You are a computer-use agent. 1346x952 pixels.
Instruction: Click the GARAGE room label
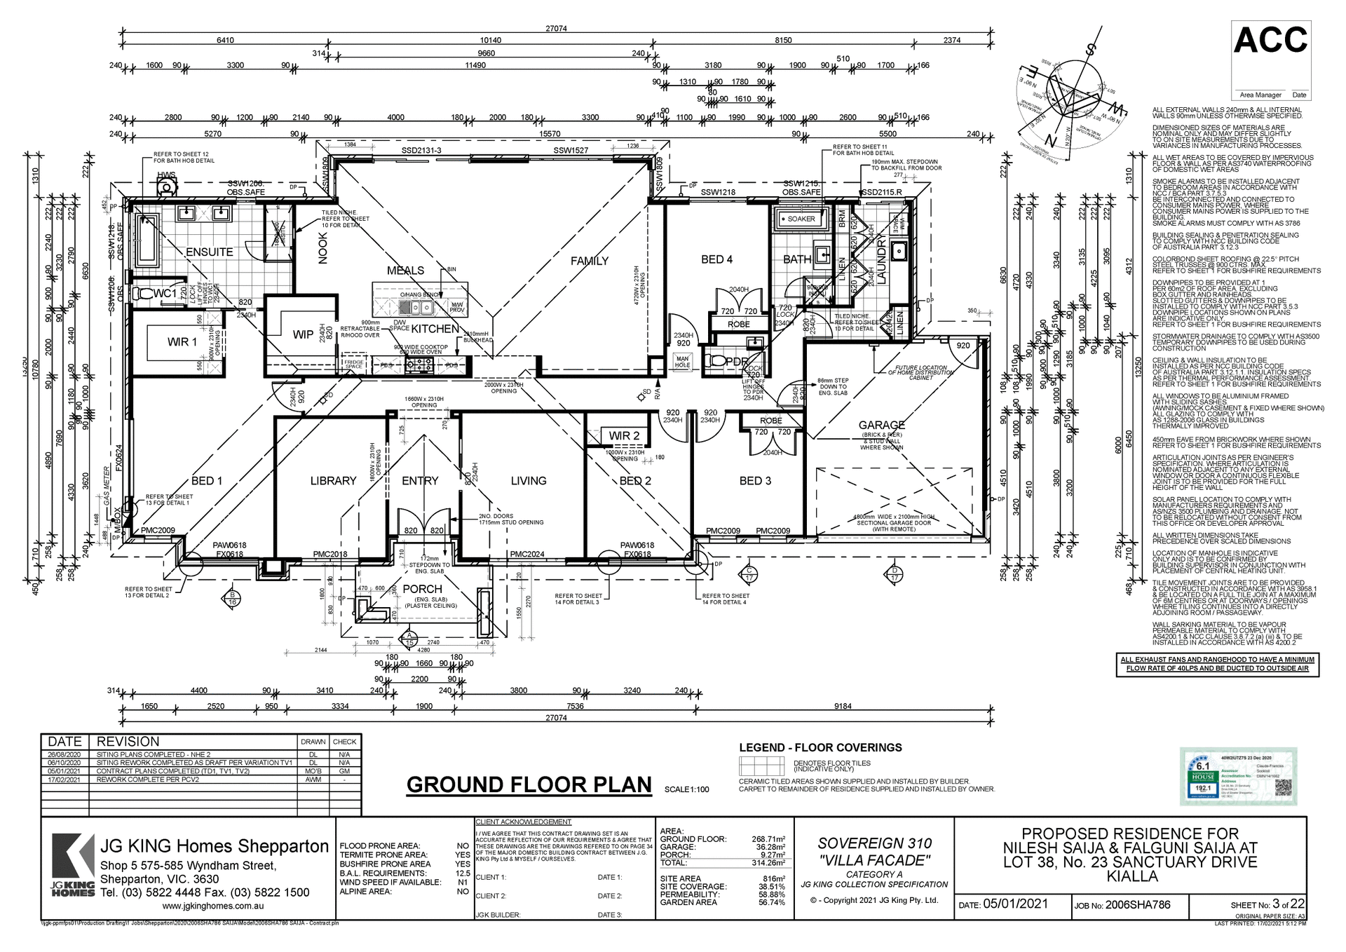[x=881, y=425]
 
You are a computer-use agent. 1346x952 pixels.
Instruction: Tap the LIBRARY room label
[x=333, y=480]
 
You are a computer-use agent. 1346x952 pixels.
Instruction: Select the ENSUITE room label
[x=209, y=252]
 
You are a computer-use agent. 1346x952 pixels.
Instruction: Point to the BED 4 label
[x=716, y=259]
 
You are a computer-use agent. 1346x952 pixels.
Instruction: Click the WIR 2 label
[x=623, y=436]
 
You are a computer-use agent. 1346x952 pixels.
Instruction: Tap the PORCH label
[x=422, y=589]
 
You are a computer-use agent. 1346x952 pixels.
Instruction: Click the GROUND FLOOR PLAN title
[x=529, y=784]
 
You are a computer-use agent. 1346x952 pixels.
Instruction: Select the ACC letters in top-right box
[x=1270, y=40]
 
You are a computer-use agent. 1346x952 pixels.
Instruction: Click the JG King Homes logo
[x=73, y=865]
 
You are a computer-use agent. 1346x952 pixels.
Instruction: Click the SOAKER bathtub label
[x=801, y=219]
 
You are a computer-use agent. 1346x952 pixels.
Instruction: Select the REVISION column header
[x=128, y=742]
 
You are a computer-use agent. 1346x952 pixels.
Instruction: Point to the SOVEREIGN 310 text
[x=874, y=843]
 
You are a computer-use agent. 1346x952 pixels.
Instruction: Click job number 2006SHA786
[x=1138, y=905]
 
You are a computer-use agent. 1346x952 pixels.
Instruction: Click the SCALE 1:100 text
[x=686, y=789]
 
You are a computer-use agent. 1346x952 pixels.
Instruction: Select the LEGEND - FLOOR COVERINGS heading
[x=820, y=747]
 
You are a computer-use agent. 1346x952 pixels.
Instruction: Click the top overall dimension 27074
[x=556, y=29]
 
